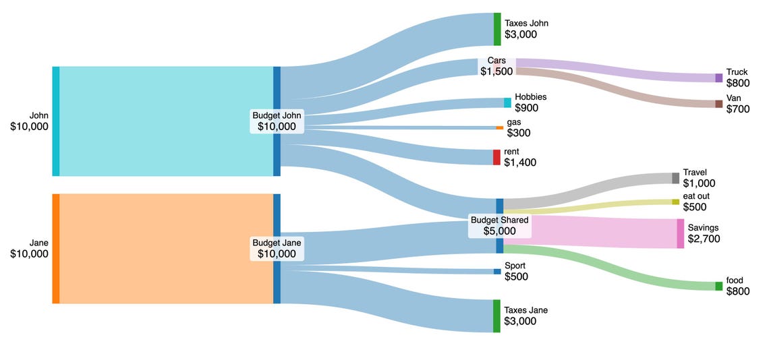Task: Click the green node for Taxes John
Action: pos(497,29)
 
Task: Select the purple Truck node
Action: pos(718,78)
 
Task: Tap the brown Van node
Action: pos(718,104)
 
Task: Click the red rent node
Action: pos(496,157)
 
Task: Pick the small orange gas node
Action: pos(499,127)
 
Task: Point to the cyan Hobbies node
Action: pos(507,102)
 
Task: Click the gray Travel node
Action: pos(675,178)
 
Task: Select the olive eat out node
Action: pos(675,202)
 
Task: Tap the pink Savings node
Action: pos(680,233)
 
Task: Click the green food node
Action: pos(718,286)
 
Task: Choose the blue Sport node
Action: pos(497,272)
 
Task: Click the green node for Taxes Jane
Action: pos(496,316)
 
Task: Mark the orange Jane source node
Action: pos(56,248)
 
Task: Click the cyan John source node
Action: pos(56,121)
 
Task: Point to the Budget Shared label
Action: pos(499,220)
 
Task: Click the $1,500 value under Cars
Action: pos(496,71)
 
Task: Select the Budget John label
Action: pos(277,115)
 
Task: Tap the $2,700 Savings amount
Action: pos(704,239)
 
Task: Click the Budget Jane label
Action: pos(277,243)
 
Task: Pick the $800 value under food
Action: pos(737,291)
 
